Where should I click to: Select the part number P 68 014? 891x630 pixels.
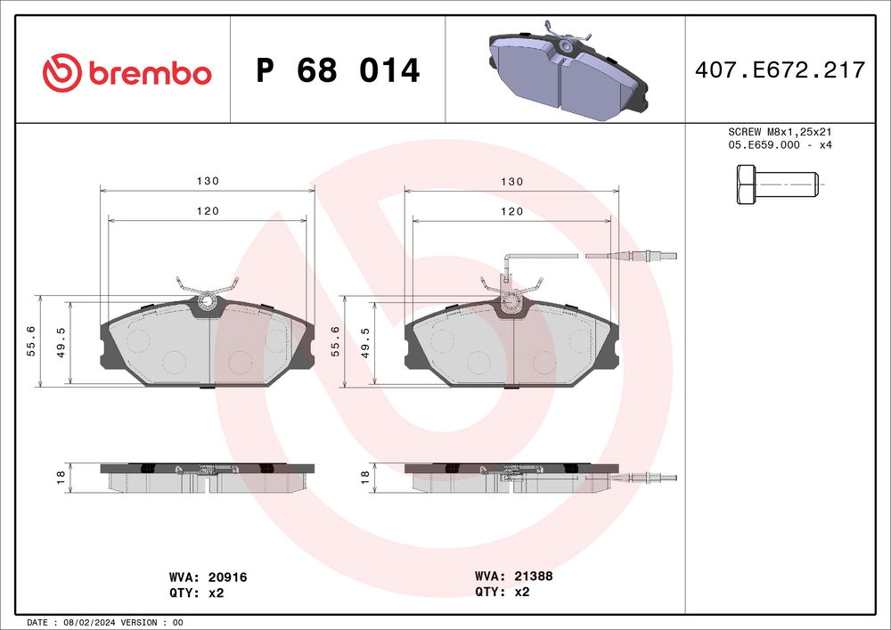coord(338,71)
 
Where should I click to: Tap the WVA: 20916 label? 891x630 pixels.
coord(208,577)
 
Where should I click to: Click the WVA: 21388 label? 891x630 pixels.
coord(514,577)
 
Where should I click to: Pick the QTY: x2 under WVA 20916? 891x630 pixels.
coord(195,592)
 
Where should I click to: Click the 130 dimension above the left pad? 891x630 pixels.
coord(208,181)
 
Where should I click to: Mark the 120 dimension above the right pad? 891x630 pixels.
coord(511,211)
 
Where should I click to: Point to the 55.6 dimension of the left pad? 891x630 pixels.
coord(31,340)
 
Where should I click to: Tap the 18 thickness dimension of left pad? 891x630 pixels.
coord(61,478)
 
